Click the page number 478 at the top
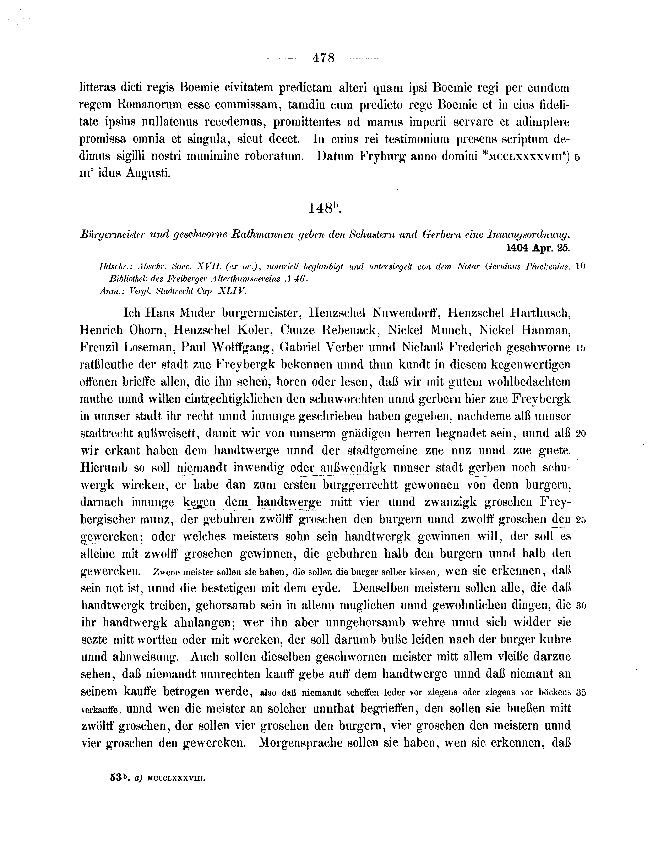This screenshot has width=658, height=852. coord(323,58)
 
